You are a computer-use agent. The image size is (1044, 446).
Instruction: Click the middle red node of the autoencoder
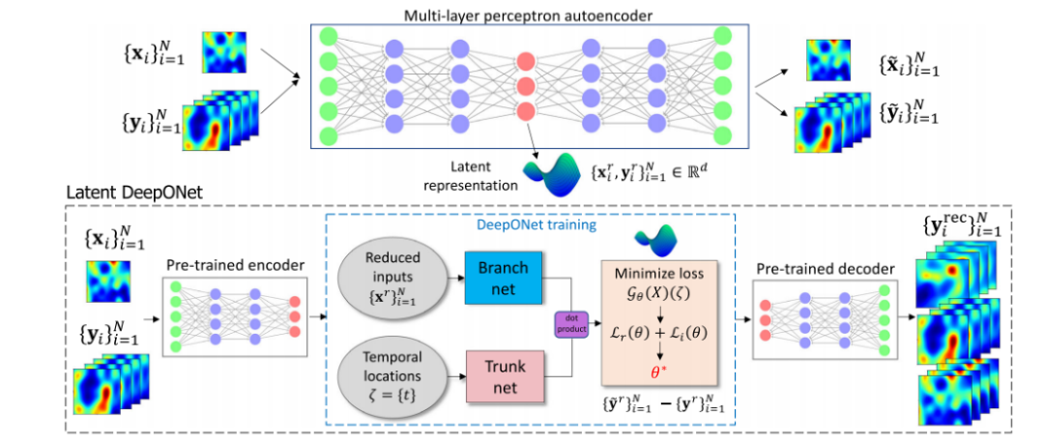point(525,86)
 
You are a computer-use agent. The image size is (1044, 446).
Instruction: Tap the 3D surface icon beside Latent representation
point(549,172)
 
